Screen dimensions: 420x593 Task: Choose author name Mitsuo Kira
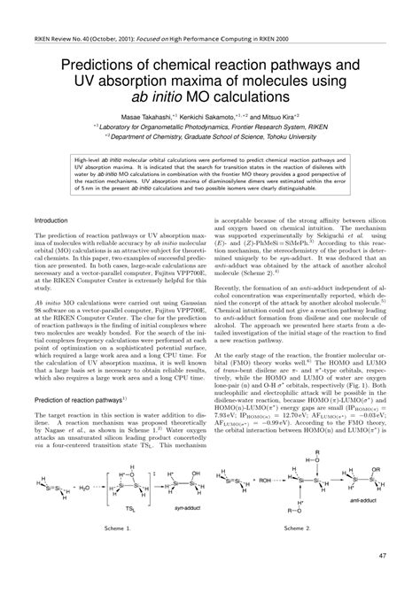[x=284, y=140]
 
